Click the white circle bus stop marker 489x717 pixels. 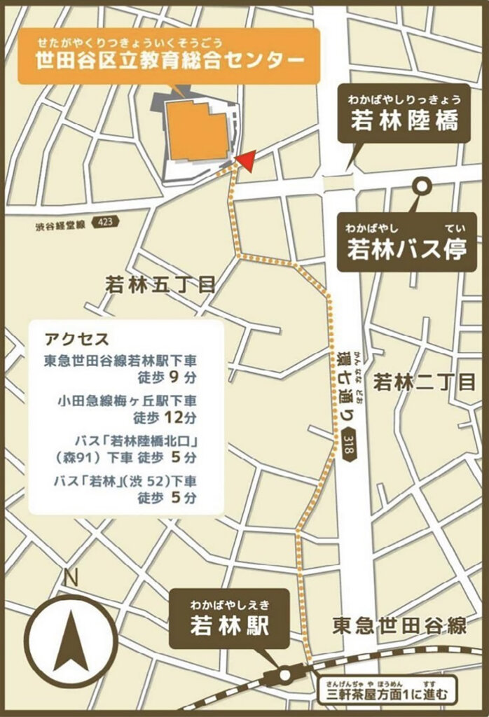(422, 187)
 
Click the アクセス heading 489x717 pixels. (76, 340)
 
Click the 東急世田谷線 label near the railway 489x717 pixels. (399, 625)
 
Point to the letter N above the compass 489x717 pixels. (69, 580)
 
